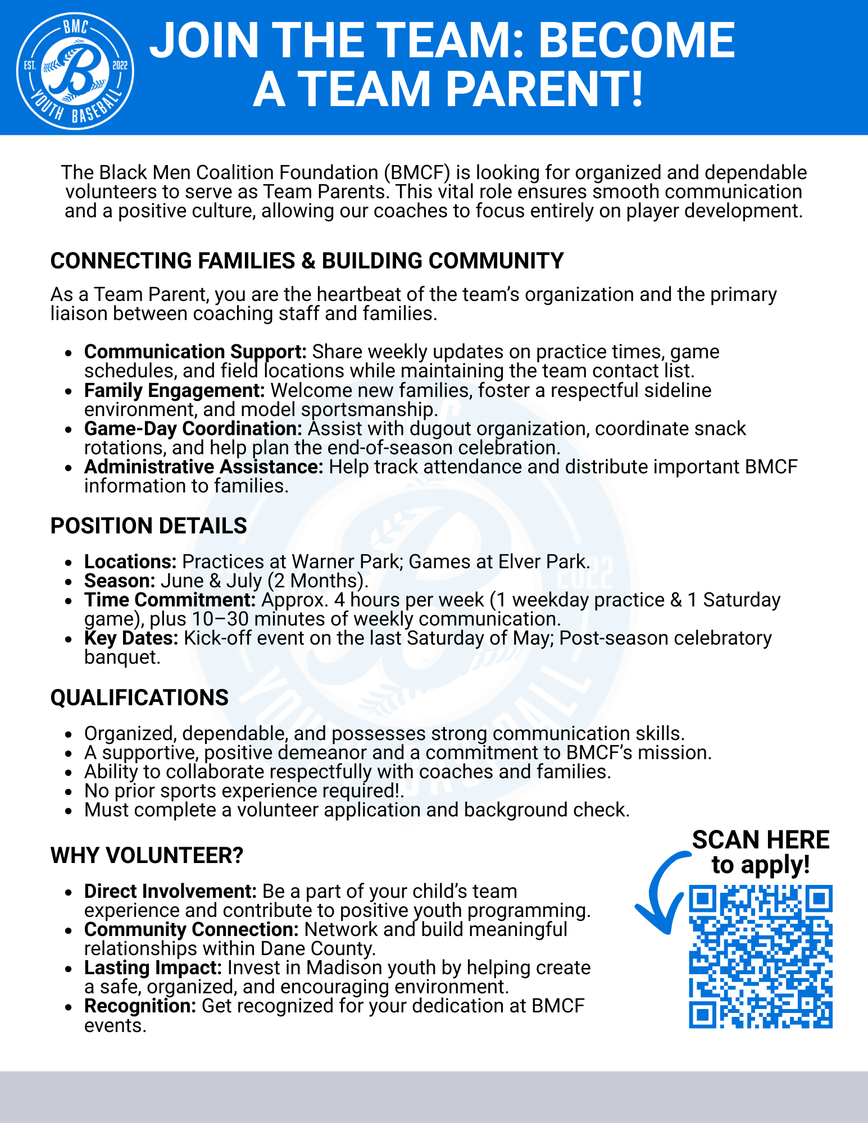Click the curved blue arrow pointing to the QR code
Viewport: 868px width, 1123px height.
[660, 893]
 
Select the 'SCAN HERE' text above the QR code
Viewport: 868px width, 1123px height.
[761, 840]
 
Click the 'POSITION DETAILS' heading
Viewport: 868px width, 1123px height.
[149, 526]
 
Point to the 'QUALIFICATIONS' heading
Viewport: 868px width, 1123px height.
[139, 697]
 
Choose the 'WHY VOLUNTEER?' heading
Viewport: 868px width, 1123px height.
[147, 856]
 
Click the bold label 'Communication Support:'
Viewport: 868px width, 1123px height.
[196, 352]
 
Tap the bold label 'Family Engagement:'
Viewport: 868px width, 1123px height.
[174, 390]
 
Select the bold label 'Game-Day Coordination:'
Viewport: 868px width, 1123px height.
[193, 428]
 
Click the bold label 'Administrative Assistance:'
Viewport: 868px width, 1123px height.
[203, 467]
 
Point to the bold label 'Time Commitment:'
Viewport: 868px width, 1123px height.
[170, 600]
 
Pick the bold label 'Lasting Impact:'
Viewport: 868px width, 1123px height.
[153, 968]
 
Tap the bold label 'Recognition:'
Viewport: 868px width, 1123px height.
[140, 1006]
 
